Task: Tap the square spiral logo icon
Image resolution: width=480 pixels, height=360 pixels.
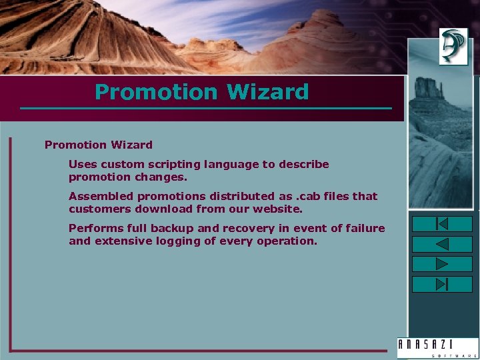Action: point(453,47)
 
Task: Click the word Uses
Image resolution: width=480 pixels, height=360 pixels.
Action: point(82,165)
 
